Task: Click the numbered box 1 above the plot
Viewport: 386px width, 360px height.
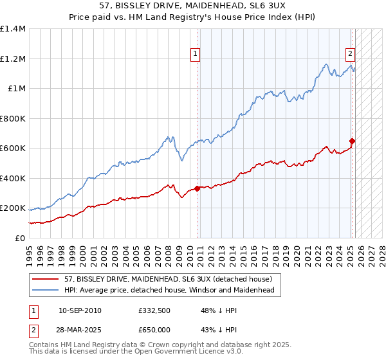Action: pyautogui.click(x=194, y=54)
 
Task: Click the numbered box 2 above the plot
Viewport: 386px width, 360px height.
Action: pyautogui.click(x=350, y=54)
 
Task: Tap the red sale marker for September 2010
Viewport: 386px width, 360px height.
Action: pyautogui.click(x=197, y=188)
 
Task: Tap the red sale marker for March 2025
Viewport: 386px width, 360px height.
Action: pyautogui.click(x=352, y=141)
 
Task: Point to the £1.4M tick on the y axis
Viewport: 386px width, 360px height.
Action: pyautogui.click(x=13, y=29)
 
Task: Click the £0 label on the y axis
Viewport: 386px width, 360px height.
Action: pyautogui.click(x=21, y=239)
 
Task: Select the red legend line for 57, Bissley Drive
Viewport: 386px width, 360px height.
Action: pyautogui.click(x=46, y=279)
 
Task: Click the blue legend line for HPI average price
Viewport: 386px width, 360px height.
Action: pyautogui.click(x=46, y=291)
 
